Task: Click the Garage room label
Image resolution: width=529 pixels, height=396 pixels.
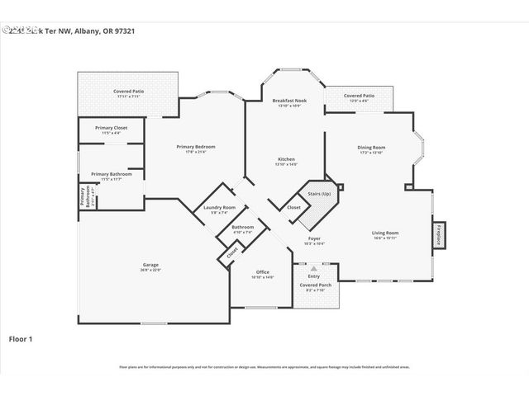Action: coord(150,266)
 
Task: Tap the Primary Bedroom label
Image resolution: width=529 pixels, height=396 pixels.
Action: coord(196,147)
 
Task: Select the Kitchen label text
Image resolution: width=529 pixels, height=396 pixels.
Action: coord(285,159)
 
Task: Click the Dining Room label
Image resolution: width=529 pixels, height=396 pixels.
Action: coord(371,148)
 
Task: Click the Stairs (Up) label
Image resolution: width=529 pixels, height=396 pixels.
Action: coord(319,195)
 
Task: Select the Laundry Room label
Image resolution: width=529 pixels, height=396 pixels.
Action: coord(219,208)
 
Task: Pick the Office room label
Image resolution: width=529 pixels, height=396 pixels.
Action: coord(262,272)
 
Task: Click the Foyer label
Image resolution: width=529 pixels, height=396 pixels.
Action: coord(314,239)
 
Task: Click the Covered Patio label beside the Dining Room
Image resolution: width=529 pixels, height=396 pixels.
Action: coord(359,97)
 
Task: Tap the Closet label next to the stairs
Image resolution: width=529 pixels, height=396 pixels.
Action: coord(294,207)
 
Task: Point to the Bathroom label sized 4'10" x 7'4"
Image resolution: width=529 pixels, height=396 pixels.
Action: coord(242,227)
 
